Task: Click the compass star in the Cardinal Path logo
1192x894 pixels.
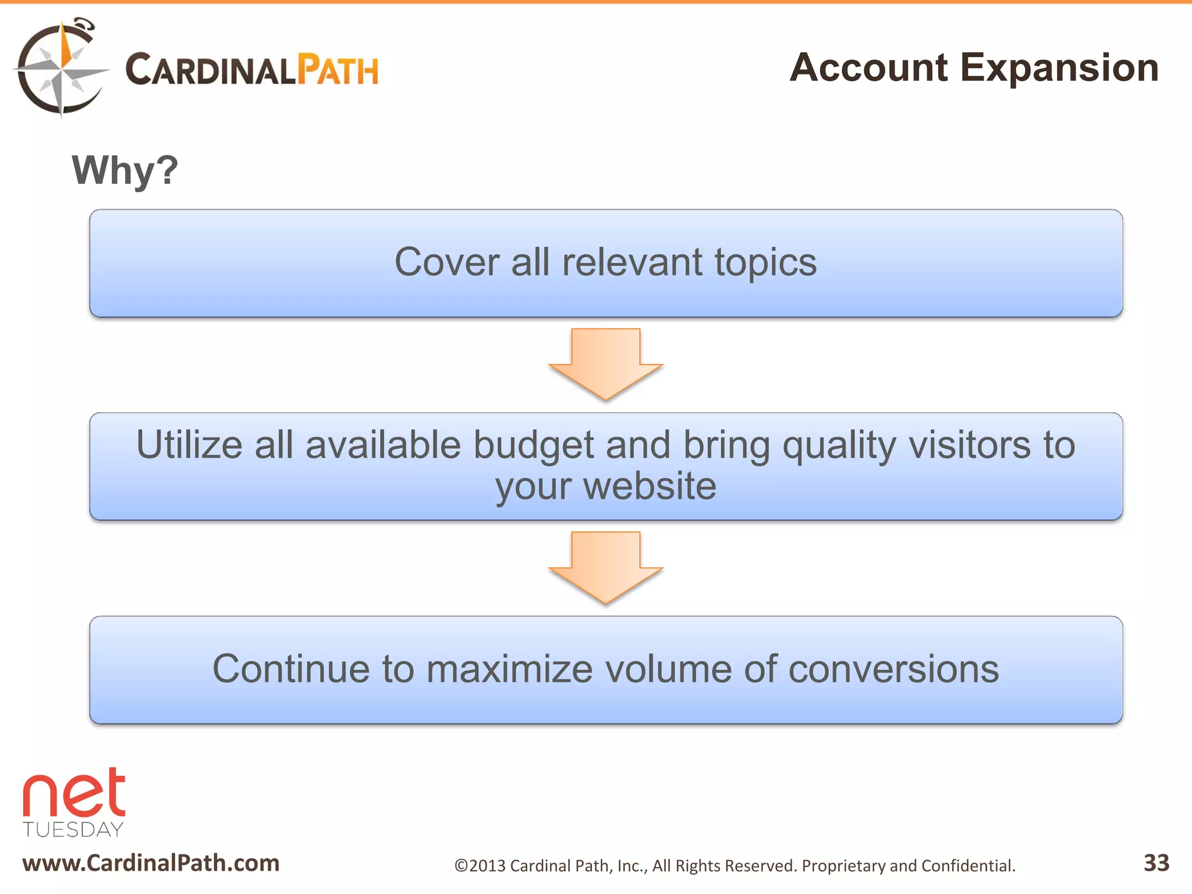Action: click(61, 69)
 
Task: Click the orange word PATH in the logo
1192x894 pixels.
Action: click(338, 70)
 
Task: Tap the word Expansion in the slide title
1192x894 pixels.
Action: click(1059, 68)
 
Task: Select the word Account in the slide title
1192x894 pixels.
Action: click(868, 68)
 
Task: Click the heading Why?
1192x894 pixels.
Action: click(125, 171)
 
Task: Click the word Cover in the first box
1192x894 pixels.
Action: click(446, 262)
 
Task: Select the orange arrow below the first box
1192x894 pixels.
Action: click(605, 363)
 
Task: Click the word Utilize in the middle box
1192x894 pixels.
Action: click(189, 445)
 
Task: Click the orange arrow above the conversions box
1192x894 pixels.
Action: click(605, 566)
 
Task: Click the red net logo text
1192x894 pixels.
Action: click(74, 793)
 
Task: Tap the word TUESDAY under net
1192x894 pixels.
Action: click(73, 829)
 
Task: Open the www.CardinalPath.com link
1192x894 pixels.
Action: click(151, 863)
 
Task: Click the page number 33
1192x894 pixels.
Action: click(1156, 863)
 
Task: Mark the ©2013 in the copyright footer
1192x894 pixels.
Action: click(480, 866)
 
